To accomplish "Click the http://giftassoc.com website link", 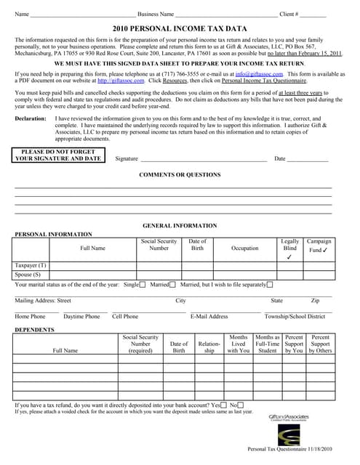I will pos(120,81).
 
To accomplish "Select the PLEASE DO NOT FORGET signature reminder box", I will pos(58,155).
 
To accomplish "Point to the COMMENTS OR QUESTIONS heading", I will pos(180,175).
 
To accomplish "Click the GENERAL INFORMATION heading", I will pos(180,226).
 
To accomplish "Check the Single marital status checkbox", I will pos(143,285).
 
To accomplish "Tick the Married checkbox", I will pos(175,285).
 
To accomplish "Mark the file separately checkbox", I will pos(271,285).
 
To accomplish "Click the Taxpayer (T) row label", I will pos(31,266).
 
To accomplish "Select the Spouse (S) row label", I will pos(28,275).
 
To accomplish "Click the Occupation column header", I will pos(244,248).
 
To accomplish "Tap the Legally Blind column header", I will pos(289,245).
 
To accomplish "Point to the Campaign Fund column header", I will pos(319,246).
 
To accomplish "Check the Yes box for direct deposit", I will pos(224,405).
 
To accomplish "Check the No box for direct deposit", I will pos(241,405).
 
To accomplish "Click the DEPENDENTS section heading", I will pos(35,330).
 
